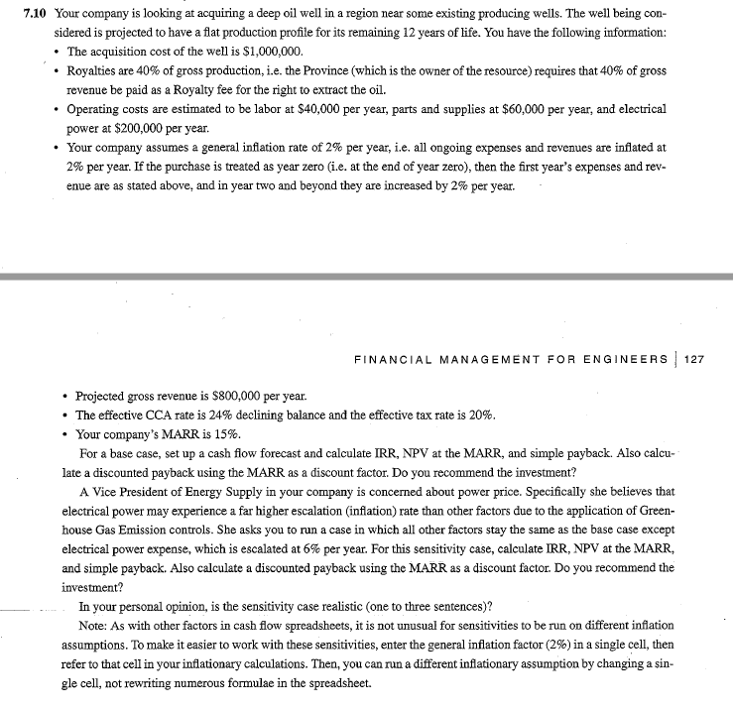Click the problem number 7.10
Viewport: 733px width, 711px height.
point(37,15)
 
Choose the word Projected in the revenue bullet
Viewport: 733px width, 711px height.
point(105,395)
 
